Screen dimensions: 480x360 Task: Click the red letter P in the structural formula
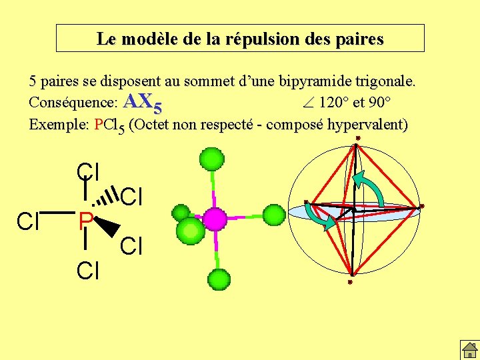tap(85, 220)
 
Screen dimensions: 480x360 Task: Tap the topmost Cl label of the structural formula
tap(88, 171)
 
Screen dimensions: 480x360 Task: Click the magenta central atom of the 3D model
tap(215, 218)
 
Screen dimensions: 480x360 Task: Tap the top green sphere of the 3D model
tap(212, 160)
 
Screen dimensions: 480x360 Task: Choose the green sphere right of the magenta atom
tap(273, 215)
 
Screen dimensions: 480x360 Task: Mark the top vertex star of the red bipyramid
tap(357, 139)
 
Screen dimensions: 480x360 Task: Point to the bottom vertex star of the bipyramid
tap(349, 282)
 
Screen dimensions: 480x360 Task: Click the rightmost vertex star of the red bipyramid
tap(422, 207)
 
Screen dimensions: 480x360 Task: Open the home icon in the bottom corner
tap(469, 349)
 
